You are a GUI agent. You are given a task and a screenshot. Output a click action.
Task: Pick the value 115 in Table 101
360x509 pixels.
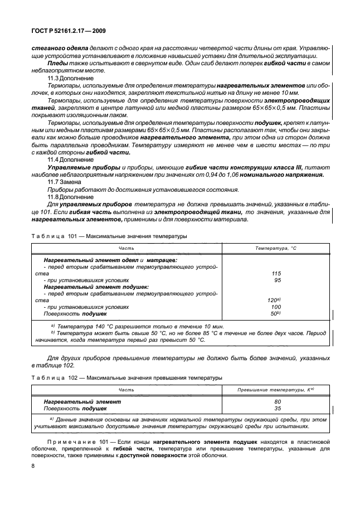point(275,273)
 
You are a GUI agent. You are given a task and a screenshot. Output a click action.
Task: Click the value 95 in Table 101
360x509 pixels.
point(277,280)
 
